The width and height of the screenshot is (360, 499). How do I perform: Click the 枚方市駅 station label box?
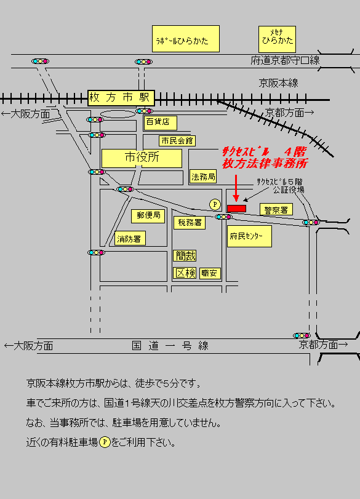121,98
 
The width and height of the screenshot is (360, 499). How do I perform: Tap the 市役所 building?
142,158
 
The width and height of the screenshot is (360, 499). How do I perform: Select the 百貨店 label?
161,123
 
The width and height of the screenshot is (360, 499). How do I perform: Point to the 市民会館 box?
177,141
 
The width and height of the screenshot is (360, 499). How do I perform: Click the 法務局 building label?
203,177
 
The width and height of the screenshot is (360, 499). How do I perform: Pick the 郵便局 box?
148,216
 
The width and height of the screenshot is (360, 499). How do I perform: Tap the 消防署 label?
130,238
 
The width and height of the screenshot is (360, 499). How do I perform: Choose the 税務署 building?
190,223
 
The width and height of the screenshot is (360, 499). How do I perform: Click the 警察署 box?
276,209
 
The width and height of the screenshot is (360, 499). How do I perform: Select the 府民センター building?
249,236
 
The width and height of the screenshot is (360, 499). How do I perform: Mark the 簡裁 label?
185,255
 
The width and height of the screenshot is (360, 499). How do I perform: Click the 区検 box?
185,273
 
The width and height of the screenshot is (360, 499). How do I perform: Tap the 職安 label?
210,273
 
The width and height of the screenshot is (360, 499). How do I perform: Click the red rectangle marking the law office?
236,209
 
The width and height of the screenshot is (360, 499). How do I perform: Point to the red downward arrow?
236,188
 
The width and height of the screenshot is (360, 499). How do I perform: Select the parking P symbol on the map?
215,204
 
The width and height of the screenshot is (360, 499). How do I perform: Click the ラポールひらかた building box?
186,39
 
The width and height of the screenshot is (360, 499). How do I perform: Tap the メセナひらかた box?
277,39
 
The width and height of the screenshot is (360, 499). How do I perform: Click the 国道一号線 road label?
170,346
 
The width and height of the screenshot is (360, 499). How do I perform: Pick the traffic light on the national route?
302,335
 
